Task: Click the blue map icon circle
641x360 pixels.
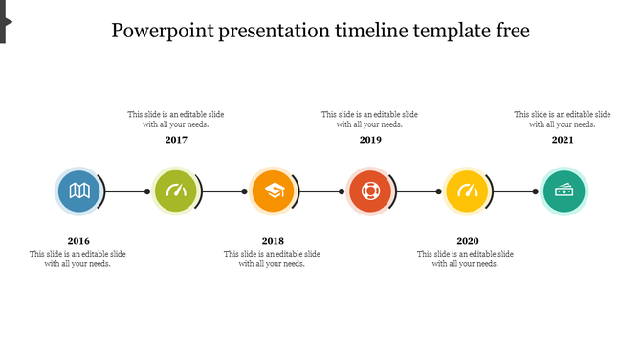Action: [x=78, y=191]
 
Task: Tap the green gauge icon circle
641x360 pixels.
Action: [x=176, y=191]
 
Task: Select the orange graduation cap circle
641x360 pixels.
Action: [x=273, y=191]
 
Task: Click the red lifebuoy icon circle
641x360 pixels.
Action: [x=369, y=191]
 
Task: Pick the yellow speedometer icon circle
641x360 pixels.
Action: [x=467, y=191]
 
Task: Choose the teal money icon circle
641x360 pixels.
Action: [x=564, y=191]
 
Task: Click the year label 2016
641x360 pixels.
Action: [x=78, y=241]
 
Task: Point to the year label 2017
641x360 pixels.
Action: [x=176, y=140]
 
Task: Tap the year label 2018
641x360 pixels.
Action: [x=273, y=241]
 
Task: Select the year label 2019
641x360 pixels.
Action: [x=370, y=140]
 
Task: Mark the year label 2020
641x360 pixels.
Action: [x=467, y=241]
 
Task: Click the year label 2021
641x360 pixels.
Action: [x=563, y=140]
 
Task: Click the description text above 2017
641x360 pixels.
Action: [x=176, y=119]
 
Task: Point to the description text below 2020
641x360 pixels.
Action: [x=466, y=259]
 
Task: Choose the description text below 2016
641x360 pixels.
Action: [x=78, y=259]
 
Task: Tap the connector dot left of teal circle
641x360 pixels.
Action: [x=536, y=191]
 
